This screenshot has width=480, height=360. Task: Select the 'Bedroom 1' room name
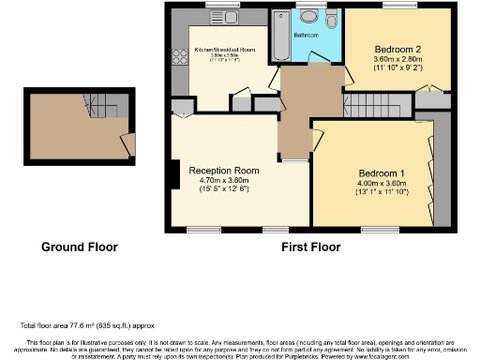pyautogui.click(x=382, y=173)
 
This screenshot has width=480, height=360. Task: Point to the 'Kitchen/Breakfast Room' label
pyautogui.click(x=224, y=50)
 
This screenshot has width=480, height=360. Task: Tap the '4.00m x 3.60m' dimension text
pyautogui.click(x=382, y=184)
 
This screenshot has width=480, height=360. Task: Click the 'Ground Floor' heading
pyautogui.click(x=79, y=247)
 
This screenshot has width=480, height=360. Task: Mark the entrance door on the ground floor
pyautogui.click(x=126, y=142)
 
